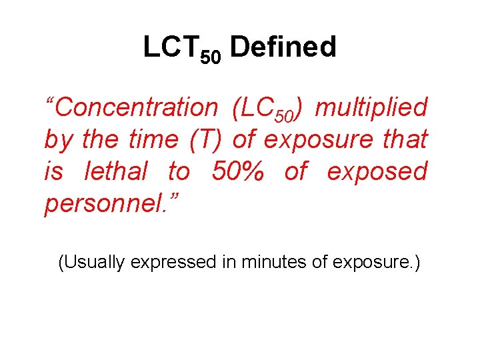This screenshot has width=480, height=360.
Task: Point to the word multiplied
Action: tap(371, 107)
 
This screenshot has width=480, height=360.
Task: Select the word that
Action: tap(405, 139)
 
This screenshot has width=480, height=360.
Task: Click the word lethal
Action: tap(116, 172)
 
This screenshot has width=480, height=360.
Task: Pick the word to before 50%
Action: tap(178, 172)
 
